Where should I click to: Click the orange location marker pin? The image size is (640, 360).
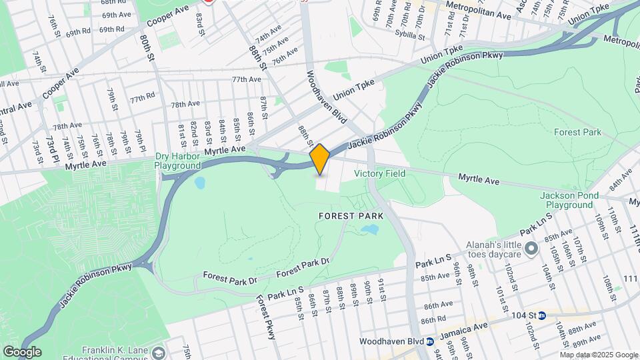click(x=320, y=159)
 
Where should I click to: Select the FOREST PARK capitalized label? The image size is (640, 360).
click(x=351, y=216)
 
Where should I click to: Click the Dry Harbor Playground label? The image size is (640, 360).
click(x=178, y=161)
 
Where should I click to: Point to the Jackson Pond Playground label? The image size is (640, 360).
click(x=567, y=200)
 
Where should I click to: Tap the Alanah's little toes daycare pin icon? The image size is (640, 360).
click(x=531, y=249)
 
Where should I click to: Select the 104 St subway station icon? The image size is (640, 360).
click(x=542, y=315)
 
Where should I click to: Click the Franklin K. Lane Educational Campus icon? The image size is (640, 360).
click(x=159, y=351)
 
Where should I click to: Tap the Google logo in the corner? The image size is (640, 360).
click(x=22, y=351)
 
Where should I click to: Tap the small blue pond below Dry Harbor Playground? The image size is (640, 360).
click(x=199, y=181)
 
